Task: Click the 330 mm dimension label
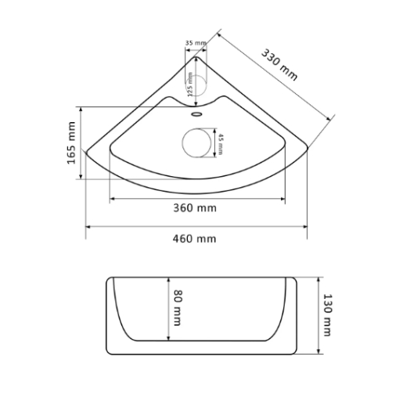coord(279,65)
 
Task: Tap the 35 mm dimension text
coord(196,42)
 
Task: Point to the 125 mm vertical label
coord(190,85)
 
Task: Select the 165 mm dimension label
coord(71,142)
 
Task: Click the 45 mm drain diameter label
coord(221,144)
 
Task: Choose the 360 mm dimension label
coord(195,208)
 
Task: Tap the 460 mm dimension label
coord(194,239)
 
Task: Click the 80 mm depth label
coord(178,308)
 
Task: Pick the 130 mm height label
coord(327,315)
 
